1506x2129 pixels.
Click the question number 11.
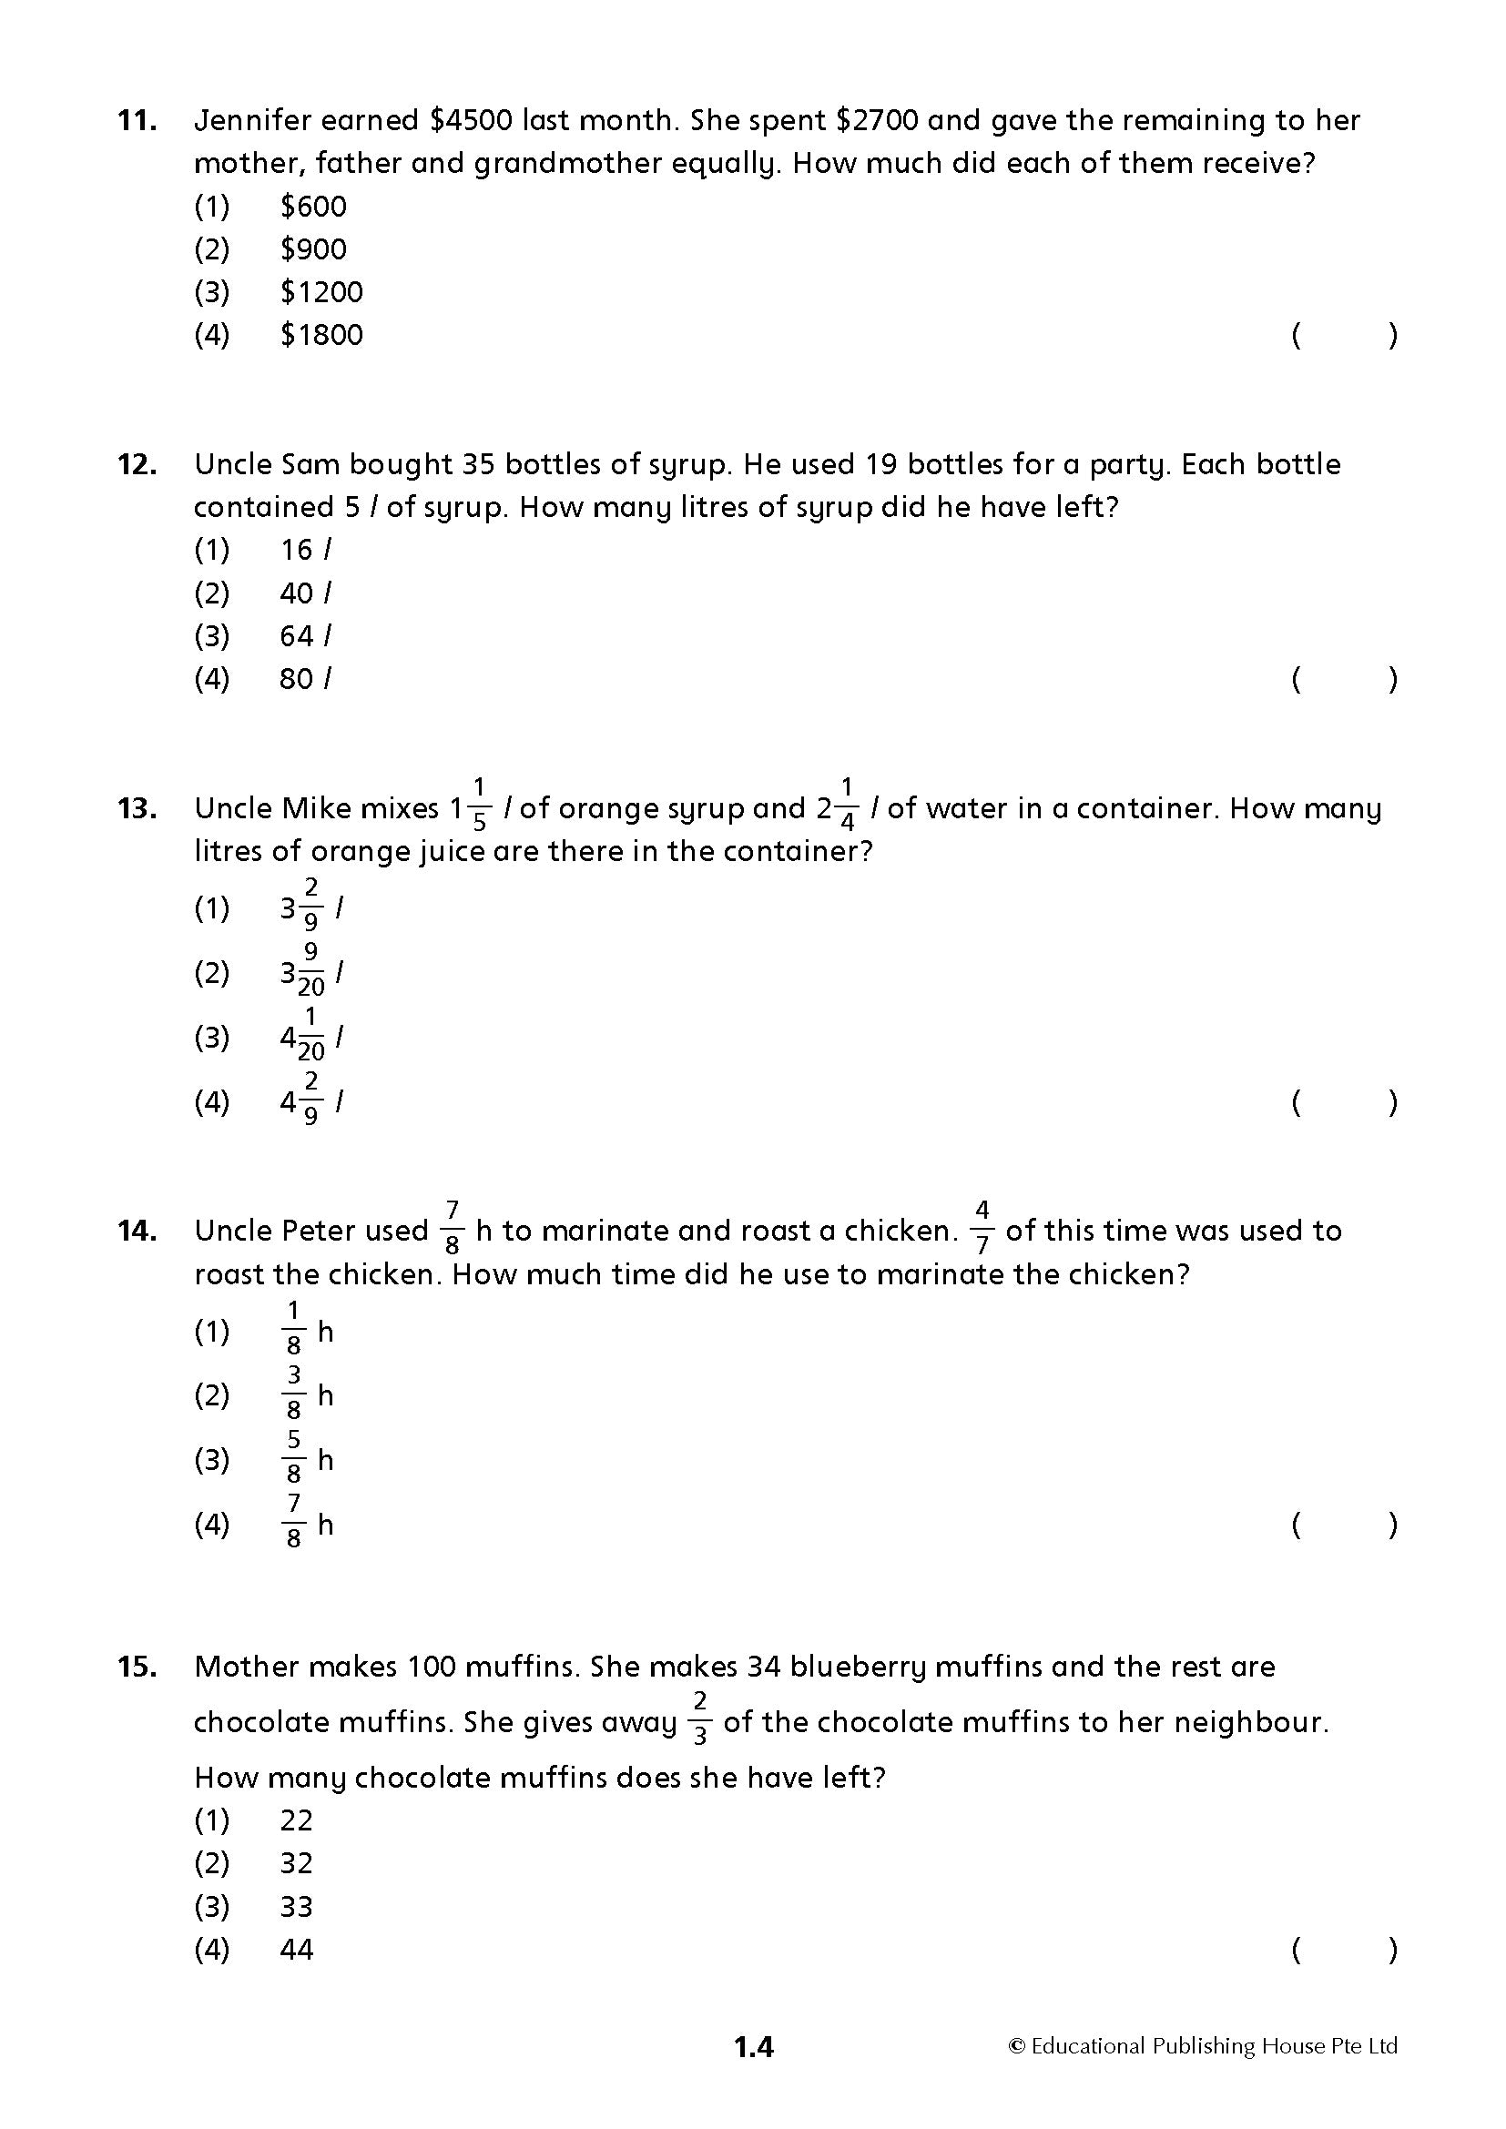coord(137,120)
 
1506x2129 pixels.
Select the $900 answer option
coord(312,248)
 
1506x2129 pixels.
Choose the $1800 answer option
coord(321,335)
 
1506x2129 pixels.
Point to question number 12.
coord(137,464)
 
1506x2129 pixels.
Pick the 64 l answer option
coord(305,636)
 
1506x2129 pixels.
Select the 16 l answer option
coord(305,550)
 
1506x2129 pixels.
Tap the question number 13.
coord(137,808)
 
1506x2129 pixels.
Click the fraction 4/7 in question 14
coord(982,1229)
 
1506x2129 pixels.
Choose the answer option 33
coord(297,1908)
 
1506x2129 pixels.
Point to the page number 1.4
coord(753,2046)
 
